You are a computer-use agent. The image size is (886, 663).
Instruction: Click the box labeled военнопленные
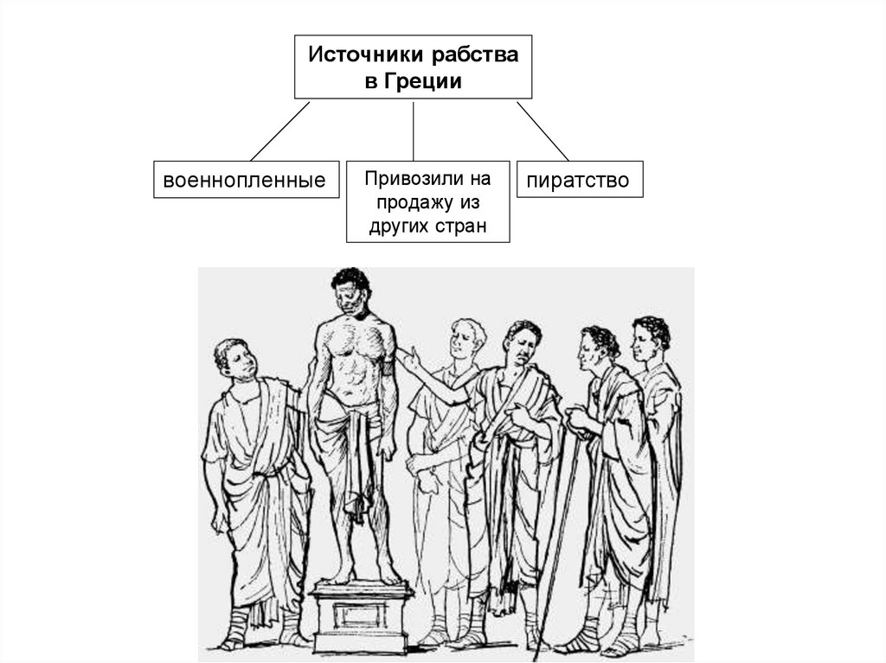(x=246, y=180)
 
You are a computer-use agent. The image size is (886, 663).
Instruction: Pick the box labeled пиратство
(x=579, y=180)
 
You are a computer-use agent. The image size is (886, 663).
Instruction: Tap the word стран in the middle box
(x=464, y=227)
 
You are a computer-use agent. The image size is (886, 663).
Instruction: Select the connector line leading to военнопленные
(x=279, y=131)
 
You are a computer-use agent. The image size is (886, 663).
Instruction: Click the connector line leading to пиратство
(x=543, y=131)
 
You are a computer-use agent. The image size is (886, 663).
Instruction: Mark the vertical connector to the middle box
(x=414, y=131)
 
